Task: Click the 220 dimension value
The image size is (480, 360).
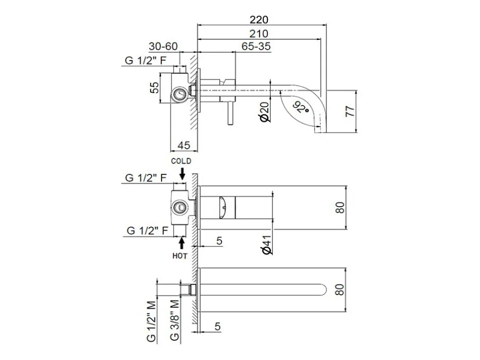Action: pyautogui.click(x=259, y=20)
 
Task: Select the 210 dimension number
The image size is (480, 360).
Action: pyautogui.click(x=259, y=34)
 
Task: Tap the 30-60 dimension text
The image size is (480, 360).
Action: pyautogui.click(x=163, y=46)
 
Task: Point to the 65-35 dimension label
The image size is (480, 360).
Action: pyautogui.click(x=256, y=46)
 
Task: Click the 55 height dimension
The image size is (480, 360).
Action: pyautogui.click(x=154, y=88)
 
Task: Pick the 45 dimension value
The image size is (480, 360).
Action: pyautogui.click(x=184, y=145)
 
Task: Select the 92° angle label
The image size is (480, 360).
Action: pyautogui.click(x=301, y=107)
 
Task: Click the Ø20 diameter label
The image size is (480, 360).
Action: pyautogui.click(x=265, y=112)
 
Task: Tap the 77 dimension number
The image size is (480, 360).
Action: pyautogui.click(x=350, y=111)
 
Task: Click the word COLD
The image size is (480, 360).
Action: pyautogui.click(x=181, y=161)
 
